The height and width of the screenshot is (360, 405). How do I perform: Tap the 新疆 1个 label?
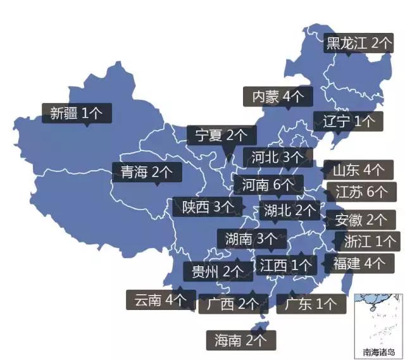[77, 114]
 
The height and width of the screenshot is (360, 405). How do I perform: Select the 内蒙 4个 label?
[278, 97]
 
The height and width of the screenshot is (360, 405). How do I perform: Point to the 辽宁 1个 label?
[349, 121]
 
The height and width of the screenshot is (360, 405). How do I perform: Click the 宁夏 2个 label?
[221, 135]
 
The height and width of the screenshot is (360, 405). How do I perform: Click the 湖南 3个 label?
[251, 239]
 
